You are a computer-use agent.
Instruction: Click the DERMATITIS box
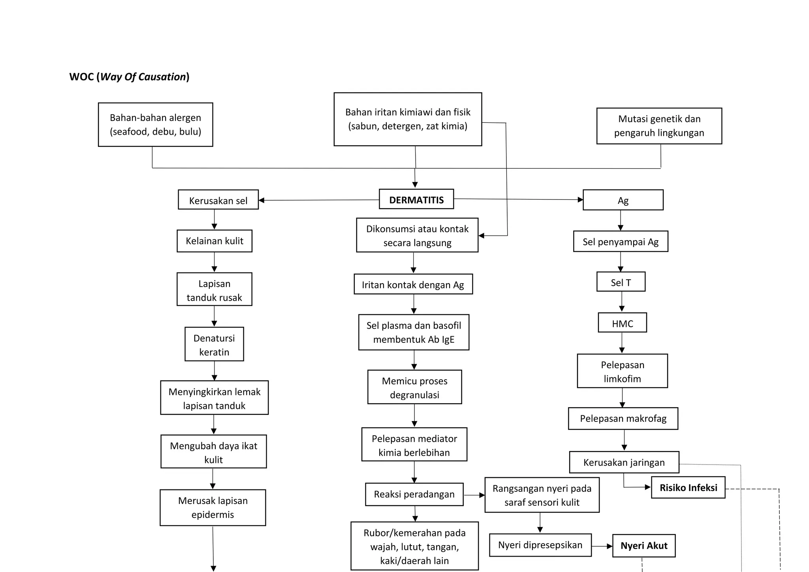416,199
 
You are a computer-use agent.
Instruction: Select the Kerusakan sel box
218,200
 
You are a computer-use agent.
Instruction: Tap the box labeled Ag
623,200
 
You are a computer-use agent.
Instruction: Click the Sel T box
621,282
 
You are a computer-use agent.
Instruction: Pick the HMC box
622,323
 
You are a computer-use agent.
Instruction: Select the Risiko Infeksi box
688,487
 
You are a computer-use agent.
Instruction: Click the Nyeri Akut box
643,546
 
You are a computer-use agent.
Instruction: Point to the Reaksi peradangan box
414,494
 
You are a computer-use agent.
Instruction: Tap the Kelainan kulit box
214,241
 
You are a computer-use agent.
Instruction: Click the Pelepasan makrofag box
623,418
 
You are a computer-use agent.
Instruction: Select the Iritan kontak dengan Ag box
413,284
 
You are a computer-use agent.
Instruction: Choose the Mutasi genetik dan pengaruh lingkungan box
659,126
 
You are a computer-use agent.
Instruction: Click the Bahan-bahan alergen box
155,124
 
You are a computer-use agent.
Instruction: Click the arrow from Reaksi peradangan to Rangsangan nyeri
474,495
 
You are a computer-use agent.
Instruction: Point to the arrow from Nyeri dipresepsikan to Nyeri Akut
602,546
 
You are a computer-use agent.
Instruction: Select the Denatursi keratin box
214,344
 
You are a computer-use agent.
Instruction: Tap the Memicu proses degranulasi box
414,387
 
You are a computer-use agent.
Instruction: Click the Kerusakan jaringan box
624,462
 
